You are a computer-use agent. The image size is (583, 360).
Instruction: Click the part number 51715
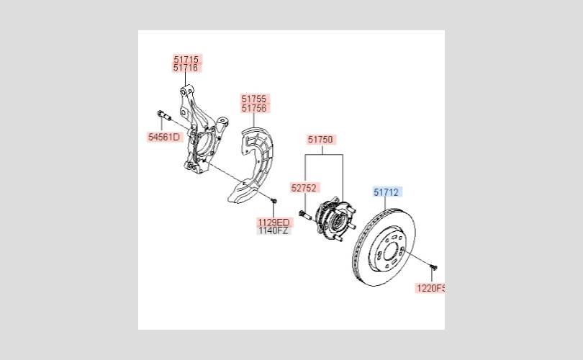pos(186,58)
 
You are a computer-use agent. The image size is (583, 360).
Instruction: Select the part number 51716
pos(186,68)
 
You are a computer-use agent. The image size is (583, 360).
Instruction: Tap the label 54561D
pos(164,136)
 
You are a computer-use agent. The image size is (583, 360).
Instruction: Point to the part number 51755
pos(254,99)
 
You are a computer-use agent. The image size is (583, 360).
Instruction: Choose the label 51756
pos(254,108)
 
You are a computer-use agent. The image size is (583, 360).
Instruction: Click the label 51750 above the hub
pos(320,140)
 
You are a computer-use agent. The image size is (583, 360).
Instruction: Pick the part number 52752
pos(304,187)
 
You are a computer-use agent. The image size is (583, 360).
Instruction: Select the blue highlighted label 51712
pos(387,192)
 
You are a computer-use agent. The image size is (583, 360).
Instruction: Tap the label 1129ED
pos(274,222)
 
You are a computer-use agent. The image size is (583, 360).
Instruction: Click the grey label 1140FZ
pos(274,231)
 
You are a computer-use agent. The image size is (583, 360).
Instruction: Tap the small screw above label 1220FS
pos(433,268)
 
